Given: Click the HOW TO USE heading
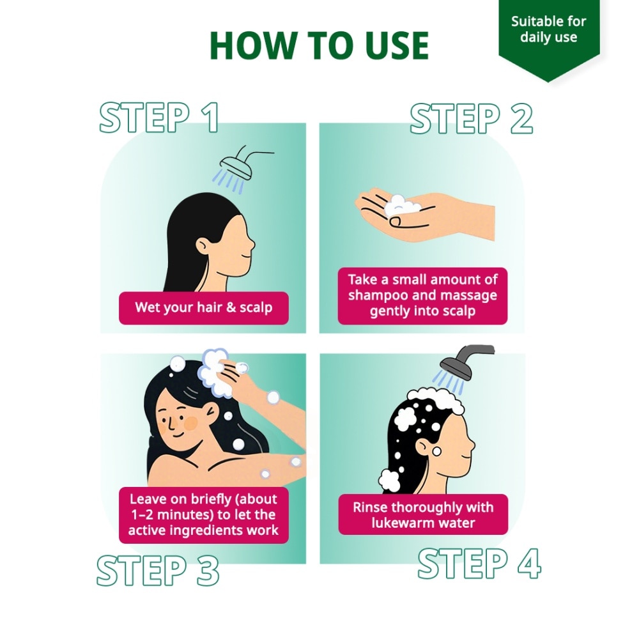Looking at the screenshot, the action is (319, 45).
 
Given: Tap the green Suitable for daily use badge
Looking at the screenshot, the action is (548, 36).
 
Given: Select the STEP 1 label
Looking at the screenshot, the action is (159, 118).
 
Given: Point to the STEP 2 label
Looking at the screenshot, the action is (472, 118).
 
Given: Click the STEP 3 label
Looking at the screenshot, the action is (158, 570).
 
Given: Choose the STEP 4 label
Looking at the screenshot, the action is (479, 564).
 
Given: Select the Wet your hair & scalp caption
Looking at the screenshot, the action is (204, 308).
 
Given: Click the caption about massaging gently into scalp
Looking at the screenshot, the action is (422, 295).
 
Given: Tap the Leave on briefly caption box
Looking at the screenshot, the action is (204, 514).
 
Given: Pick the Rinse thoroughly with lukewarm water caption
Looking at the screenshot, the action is (423, 514).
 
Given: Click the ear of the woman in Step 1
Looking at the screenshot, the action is (203, 246).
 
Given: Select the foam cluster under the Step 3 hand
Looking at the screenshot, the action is (213, 372).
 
